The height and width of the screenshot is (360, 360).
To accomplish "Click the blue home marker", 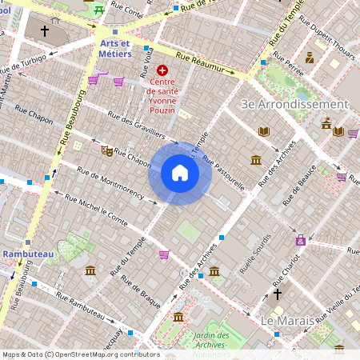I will click(180, 173).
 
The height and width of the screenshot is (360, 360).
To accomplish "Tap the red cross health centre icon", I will click(163, 70).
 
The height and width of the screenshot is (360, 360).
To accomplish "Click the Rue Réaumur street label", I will click(203, 64).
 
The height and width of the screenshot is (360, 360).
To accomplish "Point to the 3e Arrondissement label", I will click(294, 104).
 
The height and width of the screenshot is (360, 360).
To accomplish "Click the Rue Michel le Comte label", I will click(96, 210).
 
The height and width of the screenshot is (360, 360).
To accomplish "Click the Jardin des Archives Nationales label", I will click(212, 344).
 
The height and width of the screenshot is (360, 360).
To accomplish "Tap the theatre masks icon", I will click(106, 150).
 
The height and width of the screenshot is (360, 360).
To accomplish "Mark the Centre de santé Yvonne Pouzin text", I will click(169, 93).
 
